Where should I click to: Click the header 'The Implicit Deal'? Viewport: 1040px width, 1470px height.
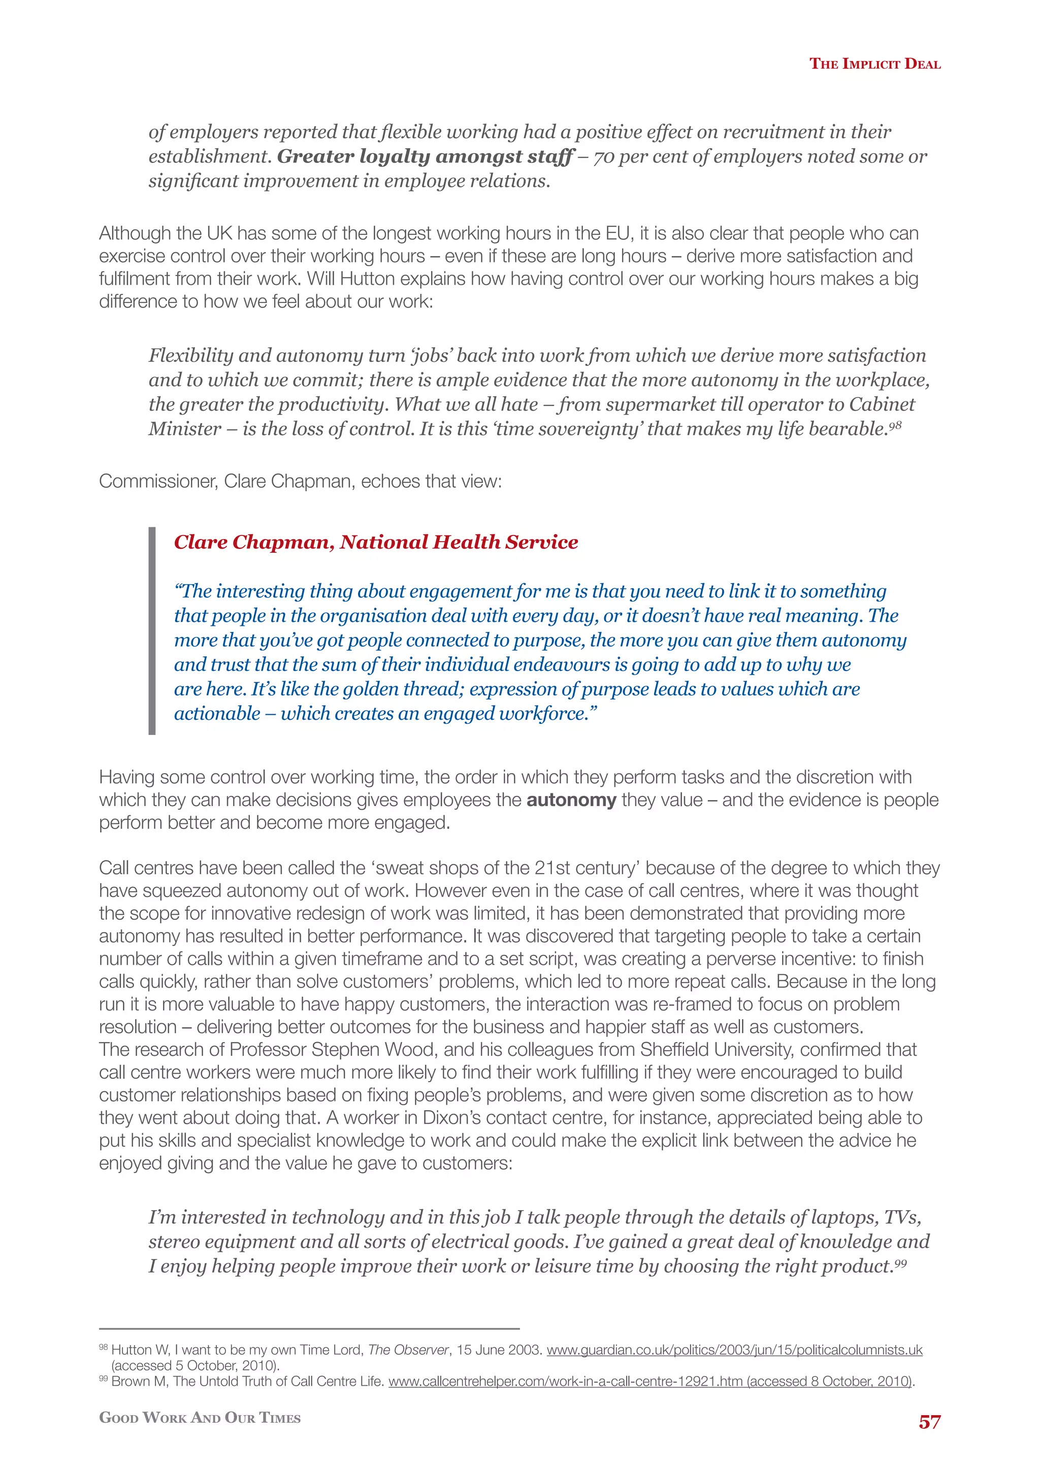click(x=875, y=63)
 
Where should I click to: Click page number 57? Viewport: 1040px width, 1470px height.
click(x=929, y=1422)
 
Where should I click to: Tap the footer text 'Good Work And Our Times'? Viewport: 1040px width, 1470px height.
click(x=200, y=1418)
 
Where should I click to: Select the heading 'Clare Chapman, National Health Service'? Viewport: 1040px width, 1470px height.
click(x=376, y=542)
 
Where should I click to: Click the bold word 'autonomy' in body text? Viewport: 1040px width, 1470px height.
click(x=571, y=799)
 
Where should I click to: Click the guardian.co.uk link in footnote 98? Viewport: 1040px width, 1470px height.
click(x=734, y=1350)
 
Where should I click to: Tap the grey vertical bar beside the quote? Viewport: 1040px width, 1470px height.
click(x=152, y=630)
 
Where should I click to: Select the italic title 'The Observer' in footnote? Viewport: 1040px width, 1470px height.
click(x=408, y=1350)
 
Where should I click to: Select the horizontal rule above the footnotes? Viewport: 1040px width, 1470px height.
click(x=309, y=1328)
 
